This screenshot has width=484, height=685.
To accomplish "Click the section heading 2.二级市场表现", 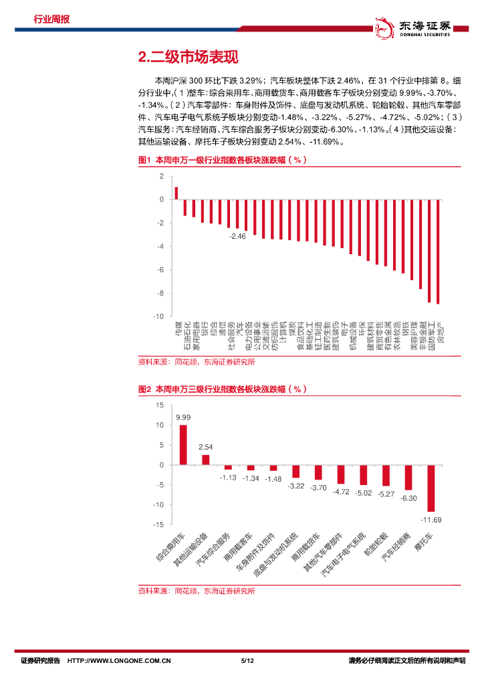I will pyautogui.click(x=187, y=58).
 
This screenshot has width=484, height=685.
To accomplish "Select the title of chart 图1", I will pyautogui.click(x=221, y=161).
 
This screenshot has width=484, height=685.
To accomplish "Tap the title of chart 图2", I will pyautogui.click(x=221, y=389).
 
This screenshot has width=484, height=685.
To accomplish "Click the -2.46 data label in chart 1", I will pyautogui.click(x=237, y=236).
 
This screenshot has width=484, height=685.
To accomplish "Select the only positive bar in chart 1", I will pyautogui.click(x=176, y=193).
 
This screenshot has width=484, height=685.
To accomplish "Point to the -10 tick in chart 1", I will pyautogui.click(x=158, y=316).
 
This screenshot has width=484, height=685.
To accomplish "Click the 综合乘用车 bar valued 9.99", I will pyautogui.click(x=183, y=445).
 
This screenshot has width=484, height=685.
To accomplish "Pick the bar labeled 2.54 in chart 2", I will pyautogui.click(x=206, y=460).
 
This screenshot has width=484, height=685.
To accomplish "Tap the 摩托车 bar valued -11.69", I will pyautogui.click(x=431, y=488).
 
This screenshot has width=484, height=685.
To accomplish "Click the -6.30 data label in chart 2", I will pyautogui.click(x=408, y=498).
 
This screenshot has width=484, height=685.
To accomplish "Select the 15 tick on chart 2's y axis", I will pyautogui.click(x=159, y=405).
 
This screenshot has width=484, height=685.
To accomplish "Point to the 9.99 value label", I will pyautogui.click(x=183, y=417).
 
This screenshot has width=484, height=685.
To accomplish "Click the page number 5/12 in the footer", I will pyautogui.click(x=248, y=661).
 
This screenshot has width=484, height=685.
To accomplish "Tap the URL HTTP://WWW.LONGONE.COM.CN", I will pyautogui.click(x=119, y=661).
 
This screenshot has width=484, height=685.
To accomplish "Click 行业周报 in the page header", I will pyautogui.click(x=51, y=19).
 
